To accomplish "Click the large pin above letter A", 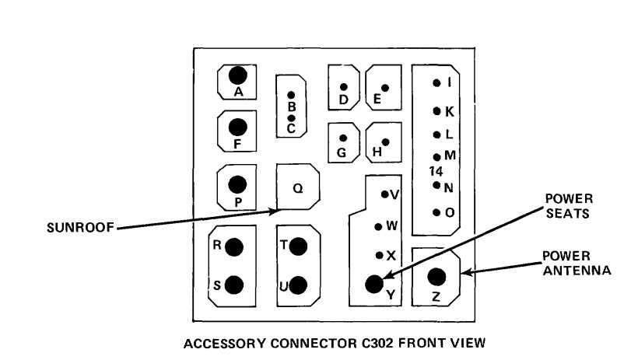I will (x=238, y=75).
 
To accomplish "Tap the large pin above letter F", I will (x=238, y=127).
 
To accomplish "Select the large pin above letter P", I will (x=238, y=183).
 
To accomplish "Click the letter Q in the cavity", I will (x=297, y=187).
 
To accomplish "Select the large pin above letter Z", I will (x=436, y=276).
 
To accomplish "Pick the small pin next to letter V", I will (x=384, y=194).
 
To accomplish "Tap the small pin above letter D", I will (x=343, y=86).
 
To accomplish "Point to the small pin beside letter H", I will (x=387, y=142).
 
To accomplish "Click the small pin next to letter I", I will (x=437, y=82).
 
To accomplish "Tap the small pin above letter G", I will (x=342, y=138).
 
